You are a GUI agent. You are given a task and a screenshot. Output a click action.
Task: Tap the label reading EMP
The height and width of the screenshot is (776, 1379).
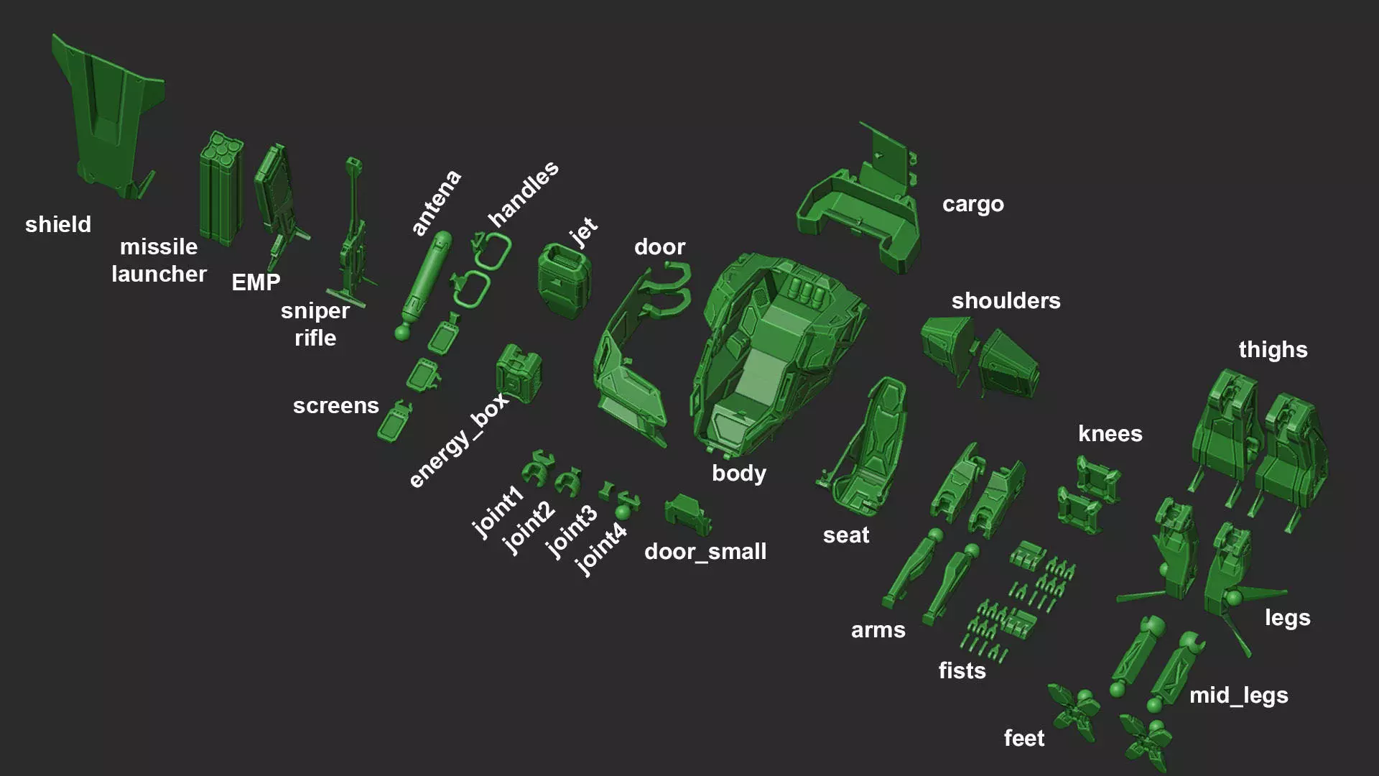pos(256,282)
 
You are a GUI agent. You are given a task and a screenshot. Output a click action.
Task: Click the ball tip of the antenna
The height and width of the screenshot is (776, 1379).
pos(402,333)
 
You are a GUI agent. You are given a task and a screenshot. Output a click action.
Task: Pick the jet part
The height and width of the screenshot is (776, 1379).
pos(565,280)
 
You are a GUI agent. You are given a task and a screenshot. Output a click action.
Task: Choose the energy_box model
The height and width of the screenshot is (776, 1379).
pos(518,372)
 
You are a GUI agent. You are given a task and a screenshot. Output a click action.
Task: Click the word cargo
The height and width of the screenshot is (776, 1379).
pos(972,205)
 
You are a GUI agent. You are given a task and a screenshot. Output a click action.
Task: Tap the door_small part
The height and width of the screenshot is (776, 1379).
pos(687,513)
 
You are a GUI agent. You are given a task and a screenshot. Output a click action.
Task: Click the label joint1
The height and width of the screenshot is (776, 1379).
pos(497,512)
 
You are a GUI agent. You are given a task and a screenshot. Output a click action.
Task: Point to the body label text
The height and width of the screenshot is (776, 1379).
pos(738,474)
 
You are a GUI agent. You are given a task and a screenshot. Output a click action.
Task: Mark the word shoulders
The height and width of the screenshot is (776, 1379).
pos(1006,301)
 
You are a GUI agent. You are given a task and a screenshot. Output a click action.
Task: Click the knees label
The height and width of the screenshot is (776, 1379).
pos(1110,434)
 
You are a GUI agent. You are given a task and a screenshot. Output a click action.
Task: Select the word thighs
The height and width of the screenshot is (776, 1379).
pos(1273,350)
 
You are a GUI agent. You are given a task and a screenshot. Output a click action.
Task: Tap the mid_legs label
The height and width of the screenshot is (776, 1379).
pos(1238,696)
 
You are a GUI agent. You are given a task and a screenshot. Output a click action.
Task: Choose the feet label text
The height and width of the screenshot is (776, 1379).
pos(1023,739)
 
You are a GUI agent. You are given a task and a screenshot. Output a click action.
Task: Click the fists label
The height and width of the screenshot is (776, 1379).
pos(962,671)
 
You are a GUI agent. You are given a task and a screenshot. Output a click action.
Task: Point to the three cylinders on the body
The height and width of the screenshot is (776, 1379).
pos(806,290)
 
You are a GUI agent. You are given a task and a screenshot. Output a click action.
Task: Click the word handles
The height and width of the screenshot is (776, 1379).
pos(523,193)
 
